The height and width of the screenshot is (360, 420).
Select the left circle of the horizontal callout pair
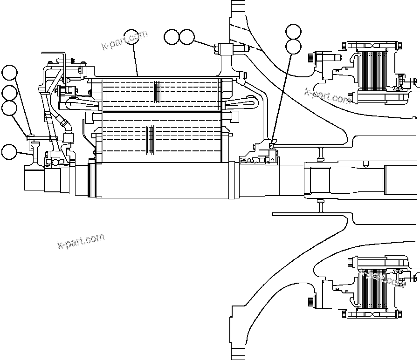172,37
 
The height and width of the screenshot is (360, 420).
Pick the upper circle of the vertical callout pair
294,31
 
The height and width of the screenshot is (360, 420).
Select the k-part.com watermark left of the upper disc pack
328,96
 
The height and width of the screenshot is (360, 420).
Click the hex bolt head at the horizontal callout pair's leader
217,48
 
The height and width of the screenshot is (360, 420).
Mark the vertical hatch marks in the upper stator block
158,92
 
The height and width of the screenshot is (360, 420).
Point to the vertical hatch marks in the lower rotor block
150,139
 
